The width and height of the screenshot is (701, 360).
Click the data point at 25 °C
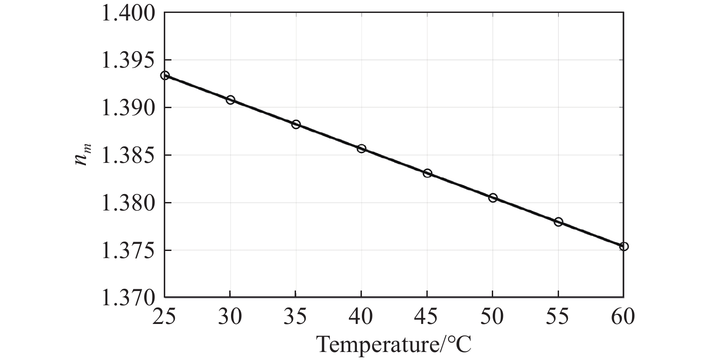(165, 76)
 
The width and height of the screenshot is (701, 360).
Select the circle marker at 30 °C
(230, 100)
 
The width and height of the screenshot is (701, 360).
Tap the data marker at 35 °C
(296, 124)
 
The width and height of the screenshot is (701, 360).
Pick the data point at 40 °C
(361, 149)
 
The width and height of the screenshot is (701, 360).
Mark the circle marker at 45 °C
(427, 173)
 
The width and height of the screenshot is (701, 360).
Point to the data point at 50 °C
(493, 198)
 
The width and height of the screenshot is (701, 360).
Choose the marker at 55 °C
(558, 222)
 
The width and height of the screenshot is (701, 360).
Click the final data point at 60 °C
(624, 247)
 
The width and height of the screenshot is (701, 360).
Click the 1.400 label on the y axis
(129, 13)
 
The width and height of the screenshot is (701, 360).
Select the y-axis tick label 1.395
(129, 61)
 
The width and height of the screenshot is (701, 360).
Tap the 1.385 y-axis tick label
(129, 156)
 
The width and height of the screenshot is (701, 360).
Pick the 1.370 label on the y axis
(129, 297)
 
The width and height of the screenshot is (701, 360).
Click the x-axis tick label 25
(165, 317)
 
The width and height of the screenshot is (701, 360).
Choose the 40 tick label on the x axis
(361, 317)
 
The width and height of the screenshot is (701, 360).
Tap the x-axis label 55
(558, 317)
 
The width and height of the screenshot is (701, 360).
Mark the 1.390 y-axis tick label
(129, 108)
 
